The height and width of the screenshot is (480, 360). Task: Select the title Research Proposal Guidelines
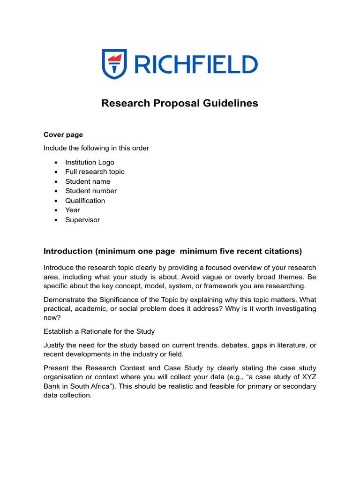(180, 103)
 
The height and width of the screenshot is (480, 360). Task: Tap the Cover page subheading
(63, 135)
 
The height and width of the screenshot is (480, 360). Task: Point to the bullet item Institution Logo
(90, 162)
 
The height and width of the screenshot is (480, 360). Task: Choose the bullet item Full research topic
(95, 172)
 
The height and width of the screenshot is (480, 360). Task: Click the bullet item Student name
(88, 181)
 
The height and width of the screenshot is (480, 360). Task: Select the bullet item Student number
(91, 191)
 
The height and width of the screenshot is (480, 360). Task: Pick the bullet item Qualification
(85, 201)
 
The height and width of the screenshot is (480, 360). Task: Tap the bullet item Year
(73, 210)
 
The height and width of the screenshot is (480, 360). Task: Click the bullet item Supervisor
(82, 220)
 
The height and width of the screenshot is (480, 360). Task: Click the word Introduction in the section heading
(68, 251)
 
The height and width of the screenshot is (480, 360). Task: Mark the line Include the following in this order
(96, 148)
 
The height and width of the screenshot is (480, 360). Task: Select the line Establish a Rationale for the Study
(99, 331)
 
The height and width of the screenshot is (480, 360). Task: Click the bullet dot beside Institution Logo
(56, 162)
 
